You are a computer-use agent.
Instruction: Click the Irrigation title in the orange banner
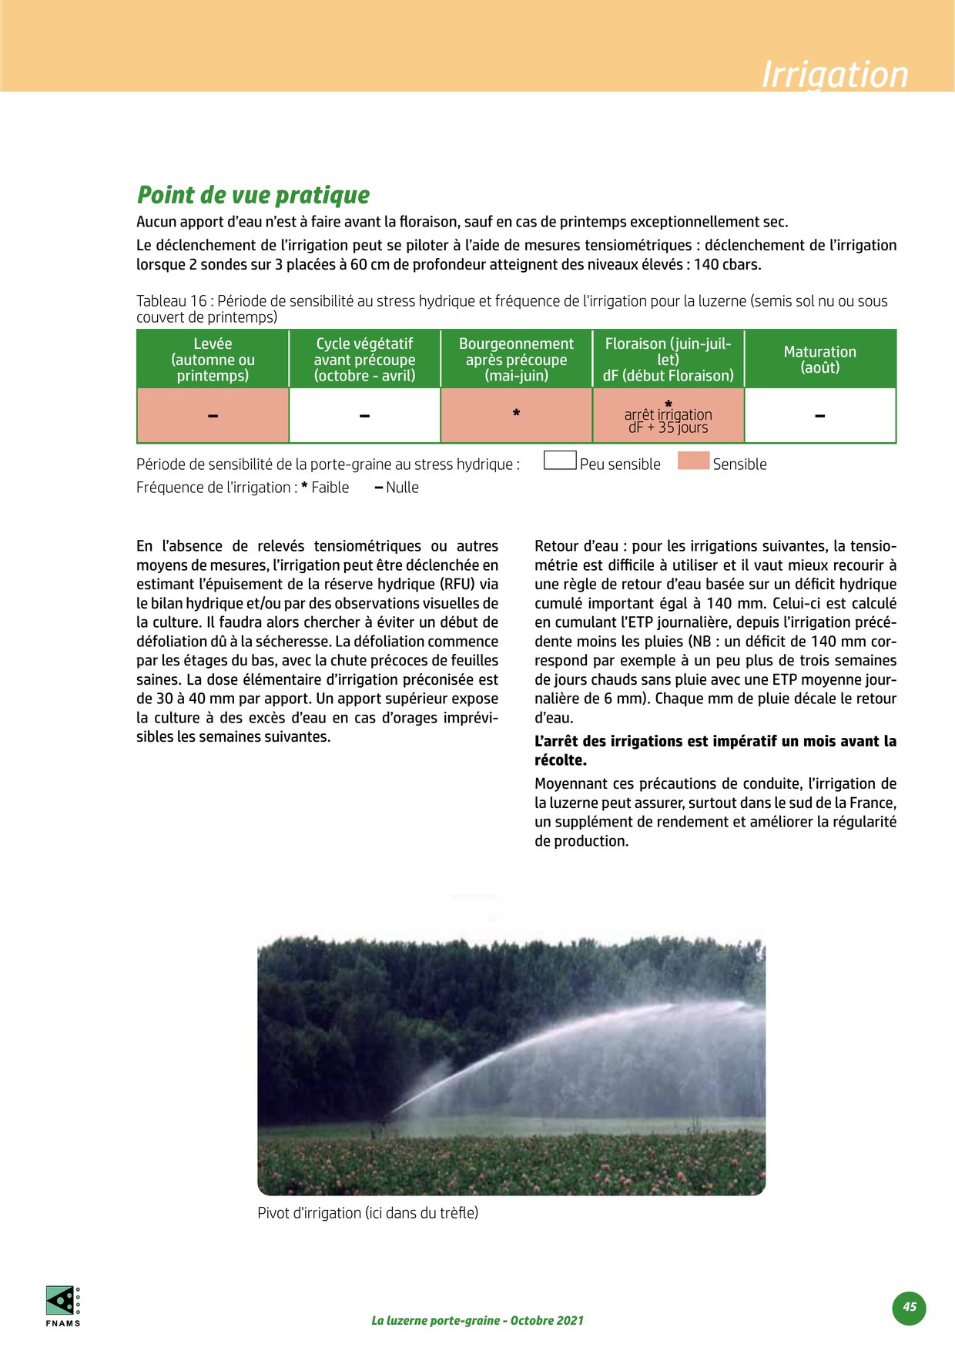pyautogui.click(x=834, y=75)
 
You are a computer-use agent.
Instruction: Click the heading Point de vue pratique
pyautogui.click(x=253, y=195)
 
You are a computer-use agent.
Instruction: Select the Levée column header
pyautogui.click(x=213, y=359)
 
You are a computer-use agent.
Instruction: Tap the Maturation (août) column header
pyautogui.click(x=819, y=359)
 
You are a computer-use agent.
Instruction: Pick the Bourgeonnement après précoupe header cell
pyautogui.click(x=516, y=359)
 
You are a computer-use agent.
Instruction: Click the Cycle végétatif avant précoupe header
pyautogui.click(x=364, y=359)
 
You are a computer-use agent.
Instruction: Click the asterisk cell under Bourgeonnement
pyautogui.click(x=516, y=414)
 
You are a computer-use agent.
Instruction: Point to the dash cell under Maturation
pyautogui.click(x=819, y=416)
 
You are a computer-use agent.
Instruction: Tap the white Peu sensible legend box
pyautogui.click(x=560, y=461)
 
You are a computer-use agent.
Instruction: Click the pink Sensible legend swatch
pyautogui.click(x=693, y=461)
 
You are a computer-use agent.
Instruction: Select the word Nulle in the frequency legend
pyautogui.click(x=402, y=488)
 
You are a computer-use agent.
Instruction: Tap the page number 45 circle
pyautogui.click(x=910, y=1307)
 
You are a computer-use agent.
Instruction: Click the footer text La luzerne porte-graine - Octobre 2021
pyautogui.click(x=477, y=1320)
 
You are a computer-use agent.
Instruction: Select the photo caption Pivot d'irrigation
pyautogui.click(x=367, y=1213)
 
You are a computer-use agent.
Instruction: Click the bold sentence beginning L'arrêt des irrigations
pyautogui.click(x=715, y=750)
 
